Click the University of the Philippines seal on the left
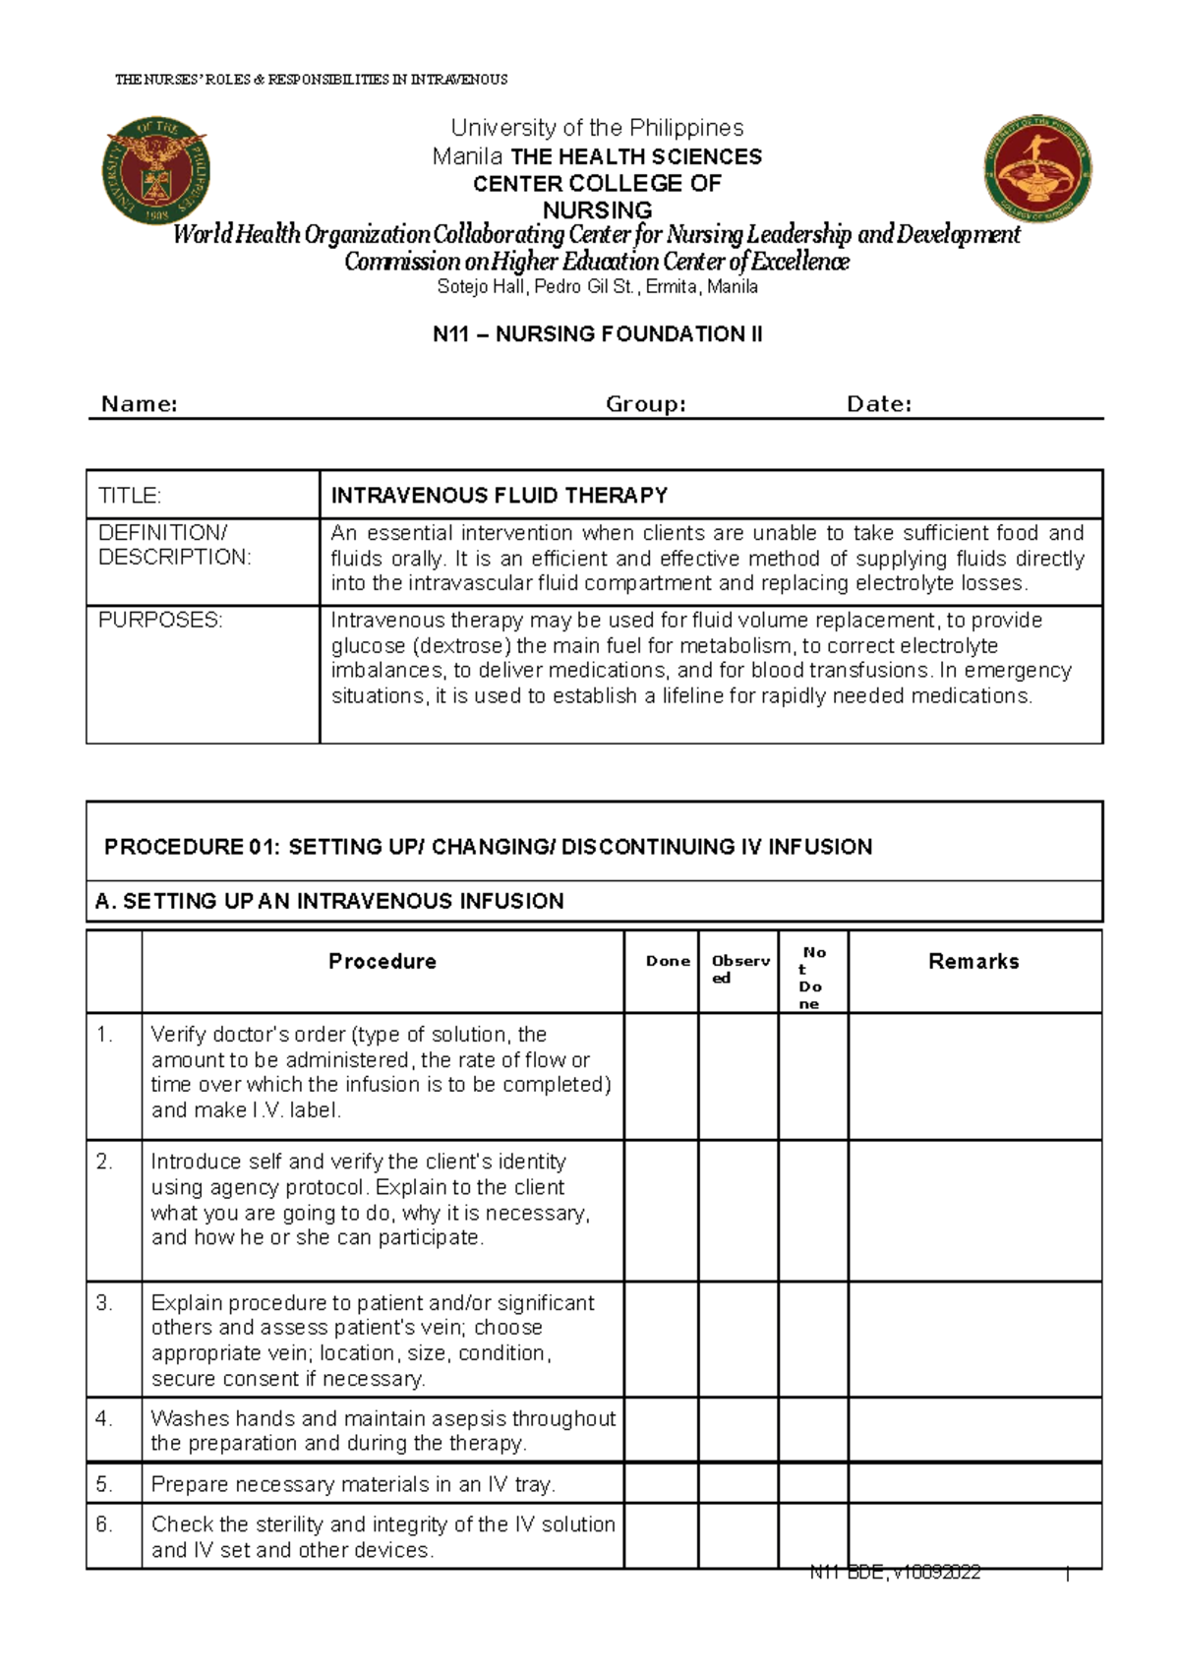tap(155, 170)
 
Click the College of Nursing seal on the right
tap(1037, 167)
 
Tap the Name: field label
tap(140, 404)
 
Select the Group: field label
tap(645, 404)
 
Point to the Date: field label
tap(879, 404)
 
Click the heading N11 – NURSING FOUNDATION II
tap(597, 334)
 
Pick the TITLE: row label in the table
tap(130, 496)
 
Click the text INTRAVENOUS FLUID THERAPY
tap(500, 496)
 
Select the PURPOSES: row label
tap(160, 621)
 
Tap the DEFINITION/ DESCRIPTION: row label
tap(174, 545)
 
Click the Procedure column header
tap(383, 962)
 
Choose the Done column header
tap(668, 962)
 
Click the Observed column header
tap(739, 969)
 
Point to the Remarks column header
tap(973, 962)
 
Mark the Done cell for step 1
tap(661, 1076)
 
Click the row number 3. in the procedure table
tap(105, 1303)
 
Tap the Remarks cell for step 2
tap(973, 1211)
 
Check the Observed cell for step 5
tap(737, 1483)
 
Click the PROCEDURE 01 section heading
tap(488, 847)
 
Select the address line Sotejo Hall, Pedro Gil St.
tap(597, 287)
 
